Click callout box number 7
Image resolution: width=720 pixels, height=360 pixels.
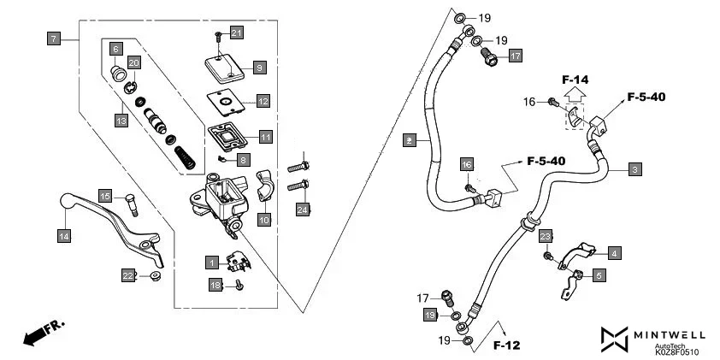coord(54,38)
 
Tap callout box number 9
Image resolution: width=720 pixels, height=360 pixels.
coord(259,67)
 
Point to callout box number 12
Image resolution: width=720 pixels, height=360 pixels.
coord(263,101)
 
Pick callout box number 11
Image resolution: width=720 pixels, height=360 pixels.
coord(265,137)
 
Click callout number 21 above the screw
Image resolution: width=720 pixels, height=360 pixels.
coord(237,32)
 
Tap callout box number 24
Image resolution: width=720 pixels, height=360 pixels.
coord(303,210)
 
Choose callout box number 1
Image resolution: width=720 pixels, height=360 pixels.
coord(210,260)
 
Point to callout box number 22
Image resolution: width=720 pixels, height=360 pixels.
coord(128,274)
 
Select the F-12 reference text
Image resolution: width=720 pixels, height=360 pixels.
coord(507,345)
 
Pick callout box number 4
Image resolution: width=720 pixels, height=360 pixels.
coord(614,252)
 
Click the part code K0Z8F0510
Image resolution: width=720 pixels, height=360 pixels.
coord(676,351)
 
